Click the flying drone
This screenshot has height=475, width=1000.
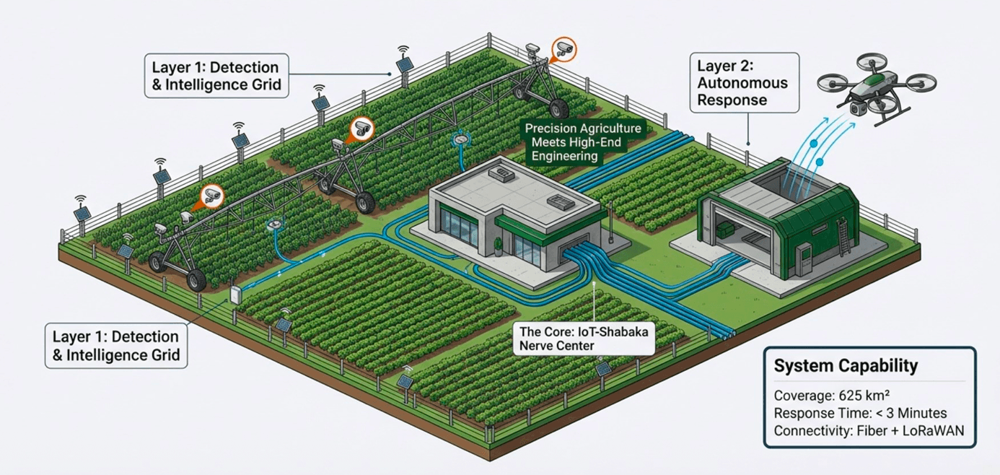tap(877, 90)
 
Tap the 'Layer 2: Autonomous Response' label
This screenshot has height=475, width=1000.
tap(743, 82)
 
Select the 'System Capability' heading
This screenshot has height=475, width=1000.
tap(846, 366)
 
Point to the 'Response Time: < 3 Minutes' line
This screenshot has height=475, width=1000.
tap(860, 414)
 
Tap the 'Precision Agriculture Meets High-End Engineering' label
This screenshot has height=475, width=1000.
tap(583, 141)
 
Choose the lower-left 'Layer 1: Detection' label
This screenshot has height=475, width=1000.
tap(115, 346)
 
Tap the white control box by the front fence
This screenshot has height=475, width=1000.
tap(235, 295)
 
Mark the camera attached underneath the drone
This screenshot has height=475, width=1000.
tap(858, 108)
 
